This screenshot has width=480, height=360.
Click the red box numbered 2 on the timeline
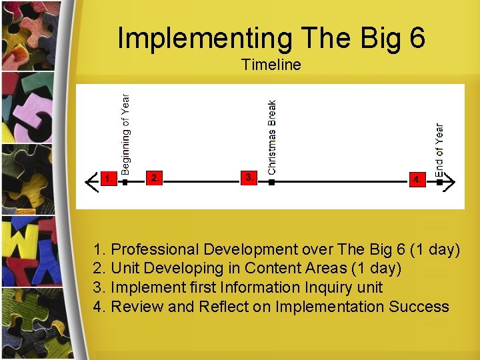tap(154, 177)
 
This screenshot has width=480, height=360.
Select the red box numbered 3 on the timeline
tap(248, 177)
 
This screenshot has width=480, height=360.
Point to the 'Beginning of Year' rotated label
tap(126, 133)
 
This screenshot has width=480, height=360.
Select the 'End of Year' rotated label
tap(439, 150)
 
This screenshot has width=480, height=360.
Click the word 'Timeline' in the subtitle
tap(271, 65)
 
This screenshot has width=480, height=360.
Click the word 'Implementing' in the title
tap(204, 38)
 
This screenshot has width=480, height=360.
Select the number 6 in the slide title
tap(417, 38)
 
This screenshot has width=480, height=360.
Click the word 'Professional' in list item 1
tap(155, 250)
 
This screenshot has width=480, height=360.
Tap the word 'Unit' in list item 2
tap(125, 269)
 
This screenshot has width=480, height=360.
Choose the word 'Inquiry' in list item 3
tap(329, 288)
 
